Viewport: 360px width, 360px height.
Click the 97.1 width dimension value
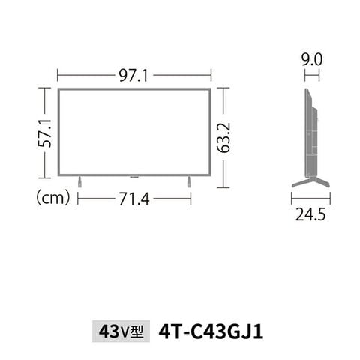tap(133, 75)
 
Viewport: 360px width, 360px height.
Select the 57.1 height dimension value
tap(45, 133)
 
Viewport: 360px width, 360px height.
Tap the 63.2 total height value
tap(223, 138)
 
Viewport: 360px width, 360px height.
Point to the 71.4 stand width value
tap(134, 199)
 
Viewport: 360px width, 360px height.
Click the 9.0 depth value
tap(312, 60)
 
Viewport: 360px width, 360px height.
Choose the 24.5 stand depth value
tap(310, 214)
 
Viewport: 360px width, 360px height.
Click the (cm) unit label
tap(52, 198)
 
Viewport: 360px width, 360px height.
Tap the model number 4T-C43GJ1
tap(211, 331)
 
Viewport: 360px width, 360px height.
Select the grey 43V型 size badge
tap(121, 331)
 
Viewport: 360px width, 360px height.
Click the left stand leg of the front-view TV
tap(79, 181)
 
